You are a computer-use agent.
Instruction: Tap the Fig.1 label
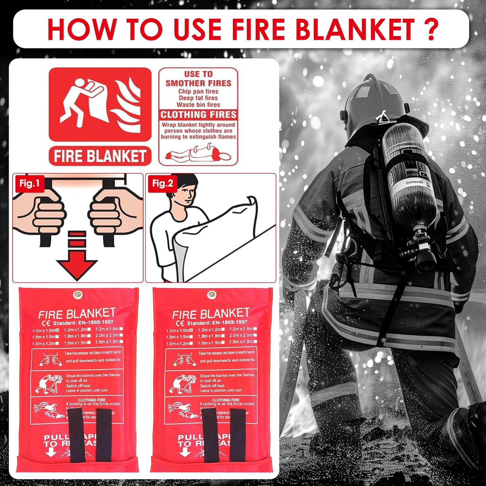coord(29,183)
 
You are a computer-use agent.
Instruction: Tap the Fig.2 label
coord(163,184)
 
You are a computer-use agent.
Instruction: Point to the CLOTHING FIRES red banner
coord(198,115)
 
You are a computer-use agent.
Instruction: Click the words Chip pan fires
coord(198,91)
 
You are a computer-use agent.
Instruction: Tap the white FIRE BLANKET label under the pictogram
coord(100,156)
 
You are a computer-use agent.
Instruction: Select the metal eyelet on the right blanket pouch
coord(212,295)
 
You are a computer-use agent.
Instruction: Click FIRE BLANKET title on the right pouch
coord(211,313)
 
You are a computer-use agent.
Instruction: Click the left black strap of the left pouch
coord(76,434)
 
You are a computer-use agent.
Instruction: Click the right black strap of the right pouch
coord(238,434)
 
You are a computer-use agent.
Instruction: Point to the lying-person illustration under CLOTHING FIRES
coord(198,154)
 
